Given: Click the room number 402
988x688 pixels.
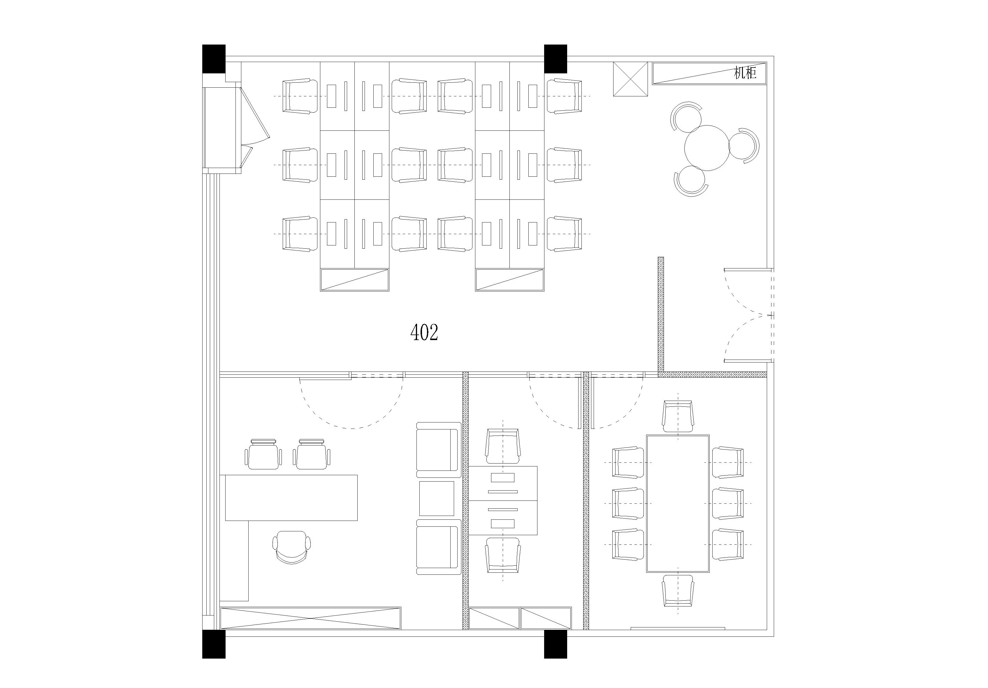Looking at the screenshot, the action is point(424,332).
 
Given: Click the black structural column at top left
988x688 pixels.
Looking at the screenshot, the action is point(214,59).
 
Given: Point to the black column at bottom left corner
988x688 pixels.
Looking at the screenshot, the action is point(214,644).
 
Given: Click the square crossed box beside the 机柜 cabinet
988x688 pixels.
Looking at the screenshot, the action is point(630,79).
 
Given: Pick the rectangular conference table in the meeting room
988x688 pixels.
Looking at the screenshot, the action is point(678,503).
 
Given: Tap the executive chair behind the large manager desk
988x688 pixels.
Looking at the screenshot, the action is point(292,547).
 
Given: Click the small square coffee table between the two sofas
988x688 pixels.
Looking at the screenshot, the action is point(436,498).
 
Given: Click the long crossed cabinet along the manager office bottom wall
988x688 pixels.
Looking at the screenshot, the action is point(310,618).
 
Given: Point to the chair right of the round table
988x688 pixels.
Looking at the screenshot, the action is point(745,145).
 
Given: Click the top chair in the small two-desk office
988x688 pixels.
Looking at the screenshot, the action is point(503,445).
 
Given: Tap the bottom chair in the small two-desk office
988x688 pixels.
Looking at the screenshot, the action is point(503,555).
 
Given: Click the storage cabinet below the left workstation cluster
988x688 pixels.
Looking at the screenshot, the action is point(355,280).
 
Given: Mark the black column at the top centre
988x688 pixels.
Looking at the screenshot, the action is point(555,59).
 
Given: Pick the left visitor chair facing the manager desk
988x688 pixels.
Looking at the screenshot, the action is point(264,454).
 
